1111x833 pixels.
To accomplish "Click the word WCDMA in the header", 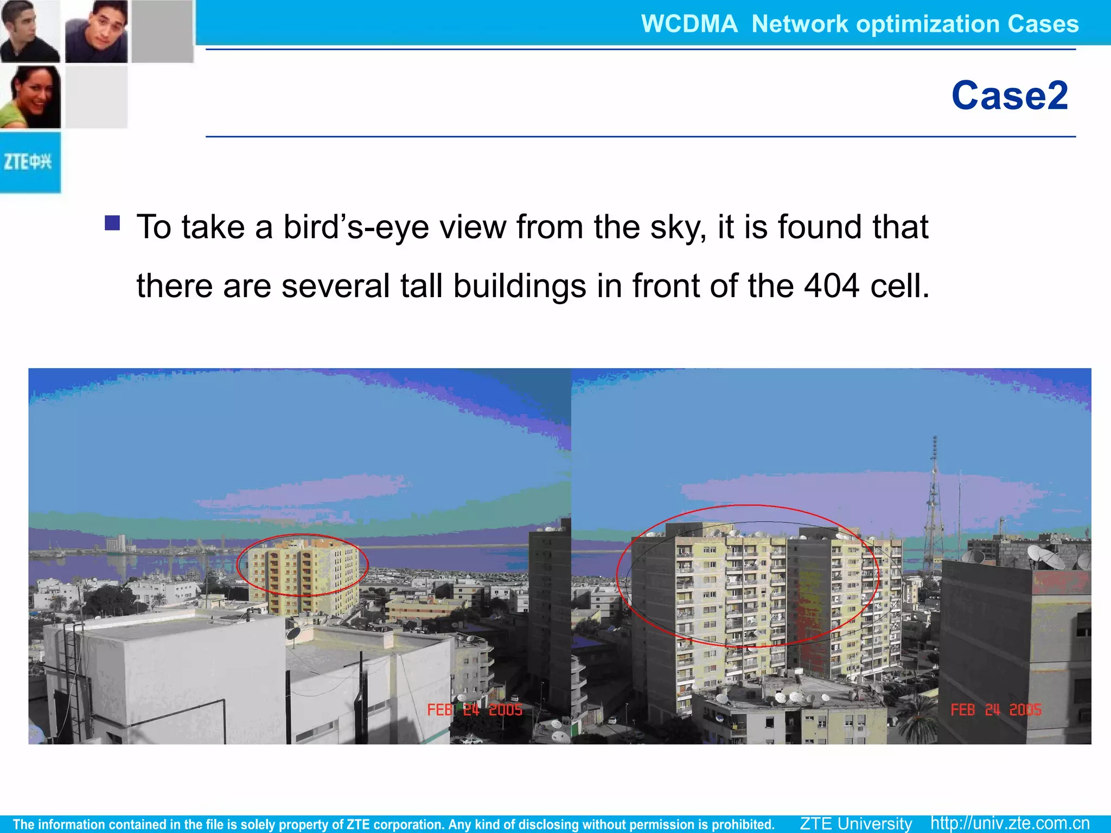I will [x=689, y=24].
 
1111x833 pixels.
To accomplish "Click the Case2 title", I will [x=1010, y=95].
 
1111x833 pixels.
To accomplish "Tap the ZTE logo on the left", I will [x=28, y=162].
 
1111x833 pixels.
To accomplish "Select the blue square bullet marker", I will [x=112, y=223].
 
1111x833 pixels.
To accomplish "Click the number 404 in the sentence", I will [x=831, y=286].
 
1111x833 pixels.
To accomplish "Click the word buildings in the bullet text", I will [x=519, y=286].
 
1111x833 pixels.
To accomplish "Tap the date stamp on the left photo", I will [x=475, y=710].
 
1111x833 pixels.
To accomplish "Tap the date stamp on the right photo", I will [x=996, y=710].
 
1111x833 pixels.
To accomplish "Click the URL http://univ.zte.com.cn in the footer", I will [x=1010, y=823].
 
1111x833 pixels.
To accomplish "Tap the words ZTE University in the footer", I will [x=855, y=823].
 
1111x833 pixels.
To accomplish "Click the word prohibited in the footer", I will [x=743, y=824].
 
